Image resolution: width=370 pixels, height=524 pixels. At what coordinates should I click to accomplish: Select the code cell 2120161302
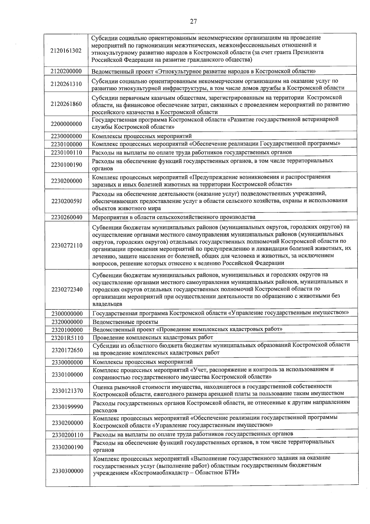tap(66, 51)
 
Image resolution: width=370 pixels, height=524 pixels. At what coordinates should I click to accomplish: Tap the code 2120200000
tap(66, 72)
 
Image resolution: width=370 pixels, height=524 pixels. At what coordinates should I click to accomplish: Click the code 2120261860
tap(66, 104)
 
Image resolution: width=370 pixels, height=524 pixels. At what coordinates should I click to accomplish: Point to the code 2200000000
tap(66, 124)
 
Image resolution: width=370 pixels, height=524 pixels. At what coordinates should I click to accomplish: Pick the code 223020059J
tap(66, 201)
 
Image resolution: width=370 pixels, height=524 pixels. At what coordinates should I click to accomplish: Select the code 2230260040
tap(66, 217)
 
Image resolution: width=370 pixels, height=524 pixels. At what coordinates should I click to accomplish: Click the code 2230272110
tap(67, 246)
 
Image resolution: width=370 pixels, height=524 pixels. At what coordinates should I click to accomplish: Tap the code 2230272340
tap(67, 290)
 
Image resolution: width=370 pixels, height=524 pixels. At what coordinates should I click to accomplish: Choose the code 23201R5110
tap(67, 338)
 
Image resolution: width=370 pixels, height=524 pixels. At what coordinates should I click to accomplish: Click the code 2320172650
tap(67, 350)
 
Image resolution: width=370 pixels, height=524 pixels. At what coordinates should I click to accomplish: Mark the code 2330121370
tap(67, 391)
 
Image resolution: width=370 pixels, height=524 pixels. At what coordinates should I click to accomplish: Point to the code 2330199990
tap(67, 407)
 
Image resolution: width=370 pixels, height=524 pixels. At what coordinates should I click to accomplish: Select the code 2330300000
tap(68, 471)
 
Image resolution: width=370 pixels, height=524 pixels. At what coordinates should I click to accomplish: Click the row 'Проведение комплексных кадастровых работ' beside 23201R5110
tap(153, 337)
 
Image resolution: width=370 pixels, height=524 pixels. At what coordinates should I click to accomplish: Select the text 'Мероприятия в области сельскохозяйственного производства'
tap(174, 217)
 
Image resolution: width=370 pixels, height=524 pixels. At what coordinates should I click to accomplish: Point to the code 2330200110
tap(68, 435)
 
